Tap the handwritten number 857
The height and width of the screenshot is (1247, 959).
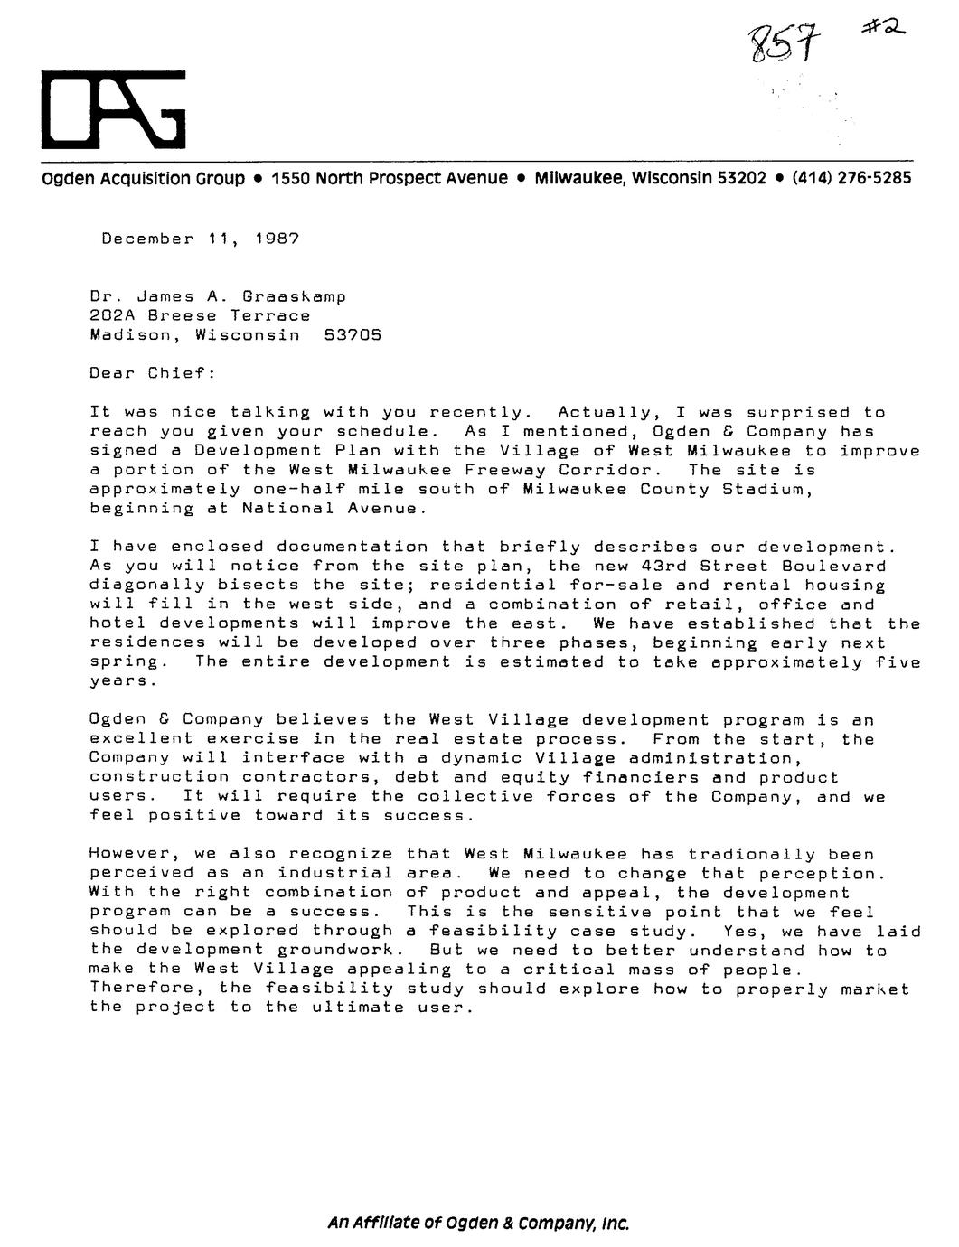tap(779, 41)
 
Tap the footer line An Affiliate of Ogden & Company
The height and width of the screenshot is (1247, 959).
tap(478, 1224)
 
